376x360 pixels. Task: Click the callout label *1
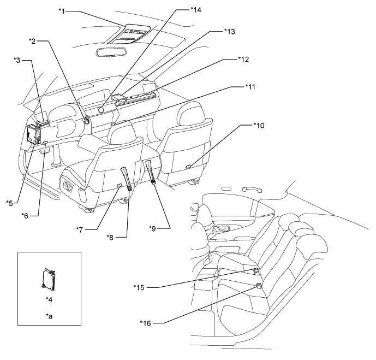(62, 11)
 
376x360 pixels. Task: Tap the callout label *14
(196, 10)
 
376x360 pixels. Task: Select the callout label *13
(230, 32)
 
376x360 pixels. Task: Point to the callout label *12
(243, 60)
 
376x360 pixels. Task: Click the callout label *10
(259, 125)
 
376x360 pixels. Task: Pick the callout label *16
(146, 323)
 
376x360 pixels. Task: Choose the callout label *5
(9, 203)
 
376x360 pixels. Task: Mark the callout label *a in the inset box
(49, 316)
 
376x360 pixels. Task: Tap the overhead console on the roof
(127, 34)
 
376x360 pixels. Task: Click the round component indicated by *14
(101, 110)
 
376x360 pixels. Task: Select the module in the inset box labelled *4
(49, 280)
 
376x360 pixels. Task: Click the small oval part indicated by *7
(119, 185)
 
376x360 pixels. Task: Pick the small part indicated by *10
(189, 166)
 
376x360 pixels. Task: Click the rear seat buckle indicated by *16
(259, 285)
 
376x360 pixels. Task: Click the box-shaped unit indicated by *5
(33, 134)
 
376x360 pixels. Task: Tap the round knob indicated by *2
(86, 120)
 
